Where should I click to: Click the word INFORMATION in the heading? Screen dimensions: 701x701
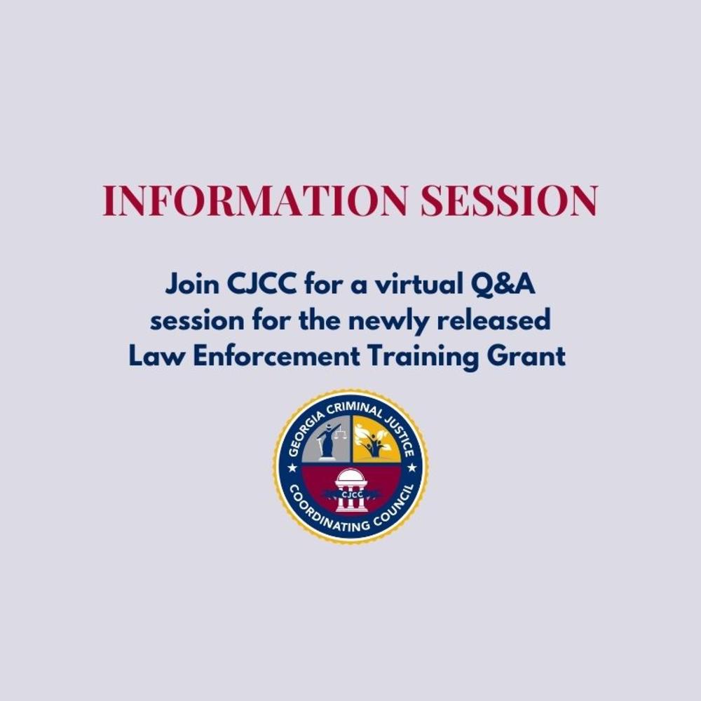254,201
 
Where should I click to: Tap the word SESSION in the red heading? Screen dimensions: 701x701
510,201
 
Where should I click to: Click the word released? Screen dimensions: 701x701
494,321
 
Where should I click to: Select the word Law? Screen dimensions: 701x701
154,356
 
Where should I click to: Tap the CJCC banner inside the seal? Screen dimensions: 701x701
350,495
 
